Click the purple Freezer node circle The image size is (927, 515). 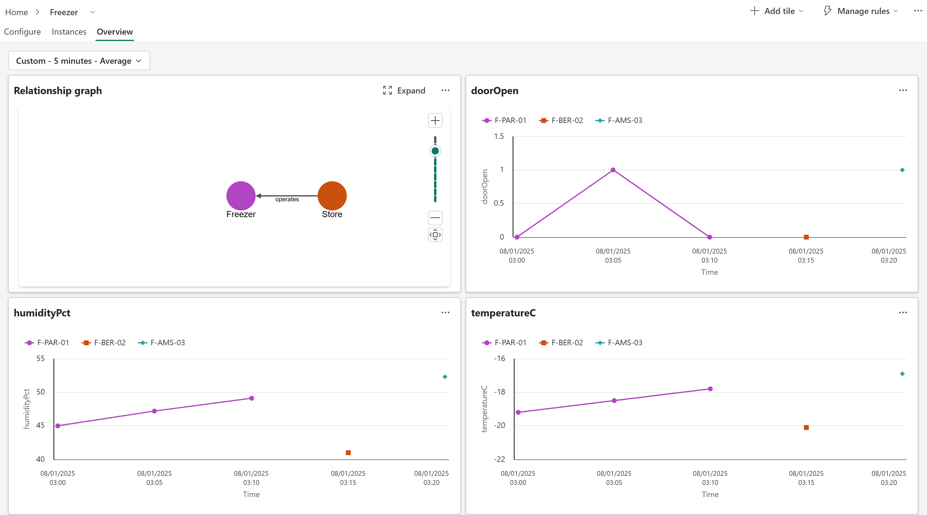[241, 196]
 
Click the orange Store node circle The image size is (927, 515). [332, 196]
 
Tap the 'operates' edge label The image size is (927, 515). [287, 199]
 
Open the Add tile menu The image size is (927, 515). [777, 11]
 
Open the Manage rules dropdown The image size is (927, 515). [861, 11]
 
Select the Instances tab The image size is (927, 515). [69, 32]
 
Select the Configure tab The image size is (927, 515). [22, 32]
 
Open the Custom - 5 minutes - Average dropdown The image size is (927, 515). [79, 61]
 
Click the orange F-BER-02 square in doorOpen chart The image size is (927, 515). [806, 237]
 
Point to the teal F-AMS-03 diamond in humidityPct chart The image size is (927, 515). [445, 377]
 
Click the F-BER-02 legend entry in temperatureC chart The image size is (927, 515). [561, 343]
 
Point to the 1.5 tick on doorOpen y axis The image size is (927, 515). [499, 136]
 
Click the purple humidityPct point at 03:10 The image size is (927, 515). [252, 398]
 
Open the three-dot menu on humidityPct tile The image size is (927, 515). [446, 312]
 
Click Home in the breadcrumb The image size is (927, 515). [16, 12]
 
